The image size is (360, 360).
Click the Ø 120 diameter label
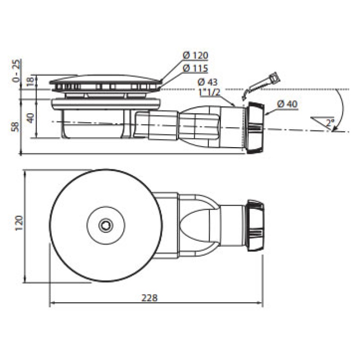(x=195, y=56)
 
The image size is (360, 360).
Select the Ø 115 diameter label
(x=195, y=68)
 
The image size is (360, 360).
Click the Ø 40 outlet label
(x=287, y=104)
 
